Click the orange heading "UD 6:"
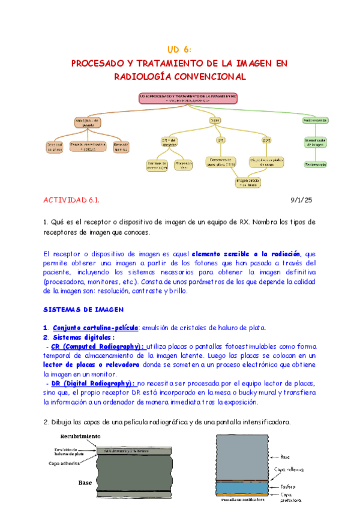[179, 49]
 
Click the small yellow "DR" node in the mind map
[221, 140]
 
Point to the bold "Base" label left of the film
[86, 481]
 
